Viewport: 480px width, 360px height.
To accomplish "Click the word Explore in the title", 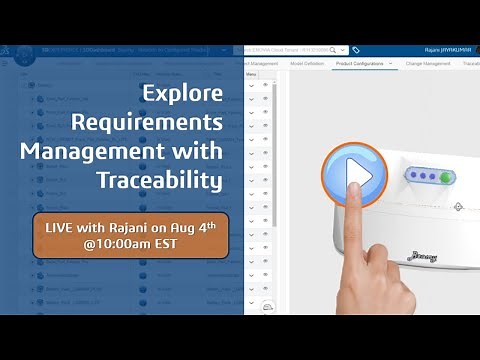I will point(181,96).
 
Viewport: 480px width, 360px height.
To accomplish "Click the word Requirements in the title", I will point(160,124).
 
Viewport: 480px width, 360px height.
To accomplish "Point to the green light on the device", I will point(446,177).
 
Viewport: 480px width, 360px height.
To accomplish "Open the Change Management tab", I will point(427,63).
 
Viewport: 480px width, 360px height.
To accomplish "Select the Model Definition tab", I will point(307,63).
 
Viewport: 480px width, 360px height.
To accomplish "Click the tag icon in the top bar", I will point(356,49).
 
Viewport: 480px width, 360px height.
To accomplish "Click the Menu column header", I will point(252,74).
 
